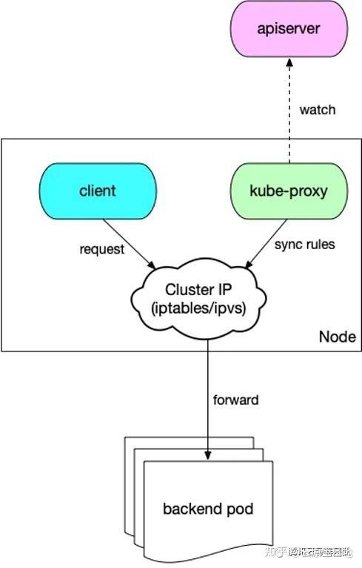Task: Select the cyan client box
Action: coord(98,191)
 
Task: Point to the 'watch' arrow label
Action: coord(317,110)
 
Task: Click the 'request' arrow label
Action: coord(102,248)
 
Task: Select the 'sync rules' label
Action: coord(304,244)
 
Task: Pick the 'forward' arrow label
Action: coord(235,400)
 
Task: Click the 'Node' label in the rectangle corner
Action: coord(337,337)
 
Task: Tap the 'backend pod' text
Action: coord(208,509)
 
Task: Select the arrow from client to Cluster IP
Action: coord(130,241)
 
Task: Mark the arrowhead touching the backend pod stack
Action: coord(208,454)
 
